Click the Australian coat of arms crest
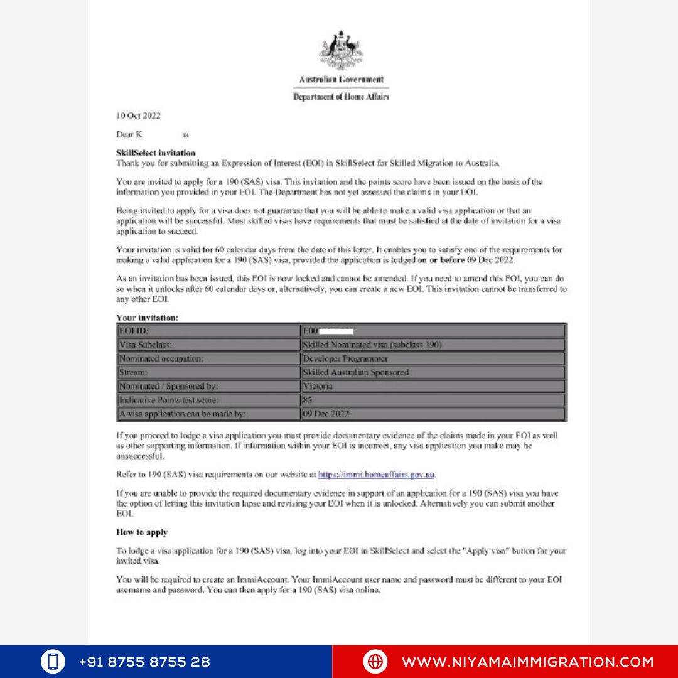tap(341, 50)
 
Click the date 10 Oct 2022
tap(138, 116)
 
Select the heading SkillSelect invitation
tap(156, 153)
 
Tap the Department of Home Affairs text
tap(341, 97)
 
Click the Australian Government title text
tap(341, 80)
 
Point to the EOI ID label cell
tap(208, 330)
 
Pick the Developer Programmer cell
tap(433, 358)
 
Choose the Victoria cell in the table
tap(433, 386)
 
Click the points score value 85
tap(308, 400)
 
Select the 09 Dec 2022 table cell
tap(433, 414)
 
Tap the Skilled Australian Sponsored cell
tap(433, 372)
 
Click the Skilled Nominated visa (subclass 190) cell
tap(433, 345)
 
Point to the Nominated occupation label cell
tap(208, 358)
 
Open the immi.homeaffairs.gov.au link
tap(377, 475)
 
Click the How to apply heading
tap(142, 532)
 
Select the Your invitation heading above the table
tap(148, 318)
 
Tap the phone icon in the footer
tap(53, 662)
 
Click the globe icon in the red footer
tap(375, 662)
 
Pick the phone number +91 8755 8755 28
tap(144, 662)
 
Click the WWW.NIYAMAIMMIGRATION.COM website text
tap(527, 662)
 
